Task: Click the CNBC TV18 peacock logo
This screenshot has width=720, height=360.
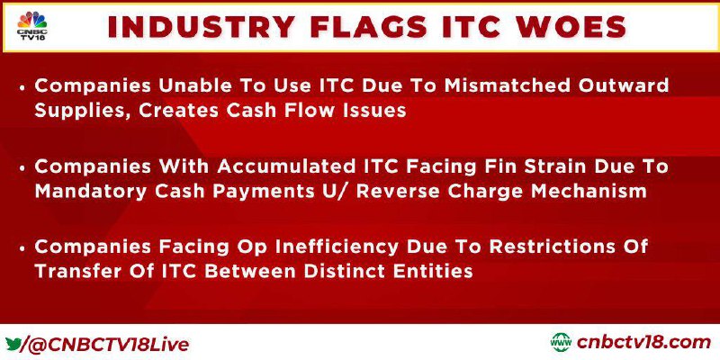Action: [x=32, y=26]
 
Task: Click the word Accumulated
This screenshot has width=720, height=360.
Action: [x=282, y=167]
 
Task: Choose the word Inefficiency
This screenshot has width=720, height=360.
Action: [x=337, y=247]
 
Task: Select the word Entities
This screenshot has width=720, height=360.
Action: [x=435, y=272]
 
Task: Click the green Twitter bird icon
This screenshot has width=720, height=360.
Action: [x=13, y=343]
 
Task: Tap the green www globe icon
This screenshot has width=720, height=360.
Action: [x=561, y=343]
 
